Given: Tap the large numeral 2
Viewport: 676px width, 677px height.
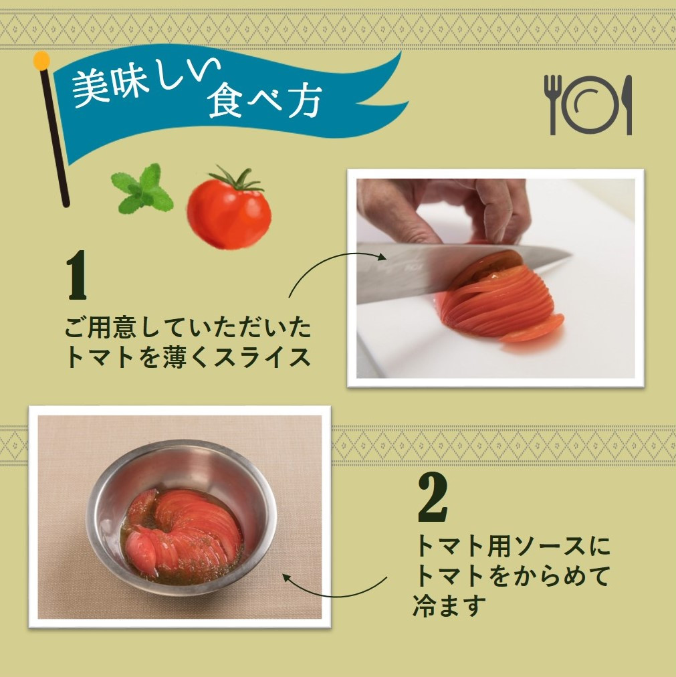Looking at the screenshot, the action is tap(433, 498).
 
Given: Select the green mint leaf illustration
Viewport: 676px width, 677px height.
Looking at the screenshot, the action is tap(142, 188).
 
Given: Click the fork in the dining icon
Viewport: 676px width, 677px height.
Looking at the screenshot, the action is tap(552, 104).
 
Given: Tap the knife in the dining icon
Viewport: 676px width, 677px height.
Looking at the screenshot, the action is tap(628, 104).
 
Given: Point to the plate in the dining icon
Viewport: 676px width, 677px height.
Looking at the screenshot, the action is tap(591, 104).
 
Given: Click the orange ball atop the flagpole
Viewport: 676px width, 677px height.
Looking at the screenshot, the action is tap(42, 61).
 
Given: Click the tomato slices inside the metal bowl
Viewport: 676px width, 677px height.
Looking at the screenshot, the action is tap(183, 529).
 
